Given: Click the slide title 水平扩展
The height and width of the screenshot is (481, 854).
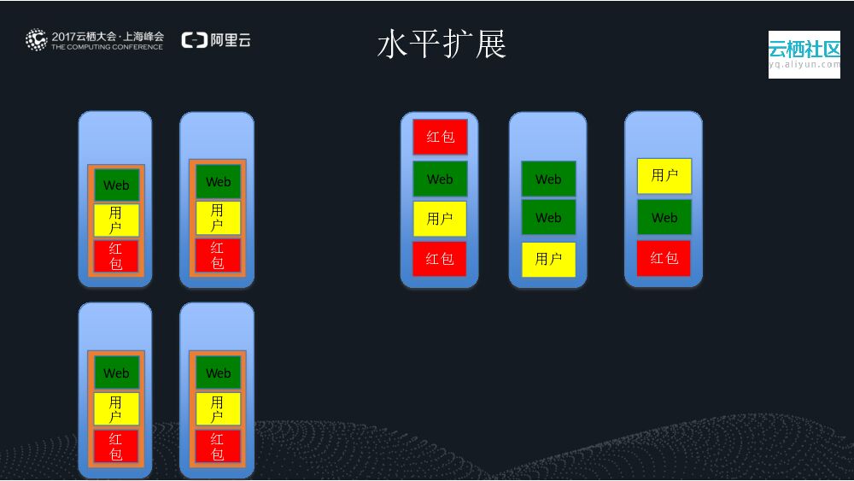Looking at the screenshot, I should (x=442, y=44).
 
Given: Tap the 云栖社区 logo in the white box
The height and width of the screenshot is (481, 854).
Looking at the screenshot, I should (x=804, y=48).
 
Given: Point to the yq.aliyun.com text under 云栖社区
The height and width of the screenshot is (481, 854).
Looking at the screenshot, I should (x=804, y=64).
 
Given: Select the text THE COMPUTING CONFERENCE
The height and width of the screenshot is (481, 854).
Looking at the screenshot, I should (x=107, y=47).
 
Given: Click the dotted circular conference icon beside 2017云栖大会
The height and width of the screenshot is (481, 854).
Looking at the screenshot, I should (x=36, y=39).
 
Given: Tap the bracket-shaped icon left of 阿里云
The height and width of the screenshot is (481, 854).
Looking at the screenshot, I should (x=194, y=39).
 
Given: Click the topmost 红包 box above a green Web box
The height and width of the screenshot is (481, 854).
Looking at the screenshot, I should (x=440, y=137).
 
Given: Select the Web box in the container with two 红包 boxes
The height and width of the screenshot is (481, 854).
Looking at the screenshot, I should (x=440, y=179).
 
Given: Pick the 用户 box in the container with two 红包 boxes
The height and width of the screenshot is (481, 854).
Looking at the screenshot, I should (x=440, y=219).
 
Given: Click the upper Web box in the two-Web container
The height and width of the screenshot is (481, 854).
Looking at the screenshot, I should (x=548, y=179).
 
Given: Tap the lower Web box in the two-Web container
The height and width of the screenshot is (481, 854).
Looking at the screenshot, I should (x=548, y=217).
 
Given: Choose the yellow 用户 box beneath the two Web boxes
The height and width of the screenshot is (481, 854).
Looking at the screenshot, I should (x=548, y=259).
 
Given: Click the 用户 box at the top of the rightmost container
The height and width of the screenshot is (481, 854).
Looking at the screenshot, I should (x=664, y=175).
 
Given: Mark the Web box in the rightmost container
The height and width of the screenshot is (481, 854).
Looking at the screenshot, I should (x=664, y=217).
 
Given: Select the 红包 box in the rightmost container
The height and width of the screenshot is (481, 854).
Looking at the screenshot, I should (x=664, y=258).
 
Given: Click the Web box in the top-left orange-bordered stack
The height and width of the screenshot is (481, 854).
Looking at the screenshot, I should (x=116, y=185).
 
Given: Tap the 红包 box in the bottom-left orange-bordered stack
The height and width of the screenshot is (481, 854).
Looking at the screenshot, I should (x=116, y=446).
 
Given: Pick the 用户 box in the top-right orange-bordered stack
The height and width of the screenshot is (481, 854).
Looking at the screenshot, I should (x=218, y=218).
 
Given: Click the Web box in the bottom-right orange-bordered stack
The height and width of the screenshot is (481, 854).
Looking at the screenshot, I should (x=218, y=372).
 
